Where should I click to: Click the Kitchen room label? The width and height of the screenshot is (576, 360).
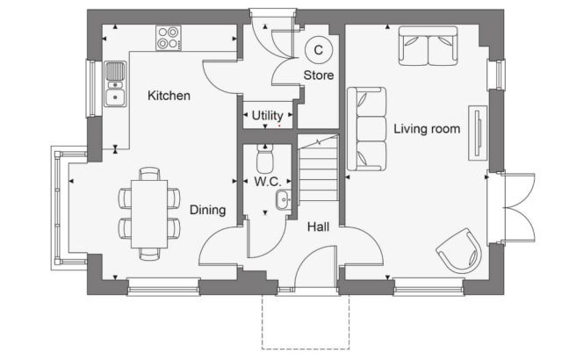click(x=169, y=96)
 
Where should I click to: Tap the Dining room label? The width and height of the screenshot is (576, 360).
click(x=207, y=211)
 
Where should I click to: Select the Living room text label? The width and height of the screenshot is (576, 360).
click(x=427, y=129)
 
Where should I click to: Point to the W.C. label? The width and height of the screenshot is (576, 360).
click(x=267, y=183)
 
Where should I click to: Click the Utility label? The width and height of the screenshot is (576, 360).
click(x=267, y=115)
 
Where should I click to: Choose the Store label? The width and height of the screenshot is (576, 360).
click(x=319, y=76)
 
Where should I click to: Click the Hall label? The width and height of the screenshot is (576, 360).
click(x=318, y=227)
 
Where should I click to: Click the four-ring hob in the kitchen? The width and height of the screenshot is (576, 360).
click(x=169, y=38)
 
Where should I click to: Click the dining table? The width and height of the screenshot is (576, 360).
click(x=149, y=213)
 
